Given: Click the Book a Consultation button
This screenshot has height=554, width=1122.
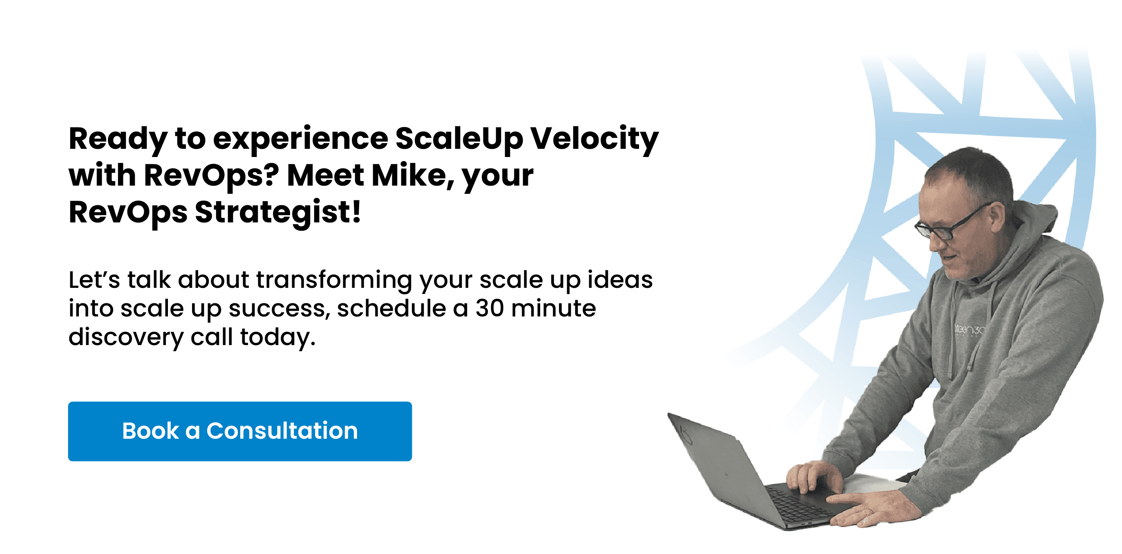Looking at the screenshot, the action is pos(240,431).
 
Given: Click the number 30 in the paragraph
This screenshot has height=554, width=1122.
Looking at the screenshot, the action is pos(489,308).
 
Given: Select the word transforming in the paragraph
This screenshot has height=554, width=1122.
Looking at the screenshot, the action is pos(334,280).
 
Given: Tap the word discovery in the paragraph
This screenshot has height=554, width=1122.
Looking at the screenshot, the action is pos(126,337).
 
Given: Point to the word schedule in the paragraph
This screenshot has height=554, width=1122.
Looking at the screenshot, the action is pos(391,308).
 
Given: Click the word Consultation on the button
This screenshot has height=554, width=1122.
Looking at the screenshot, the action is pos(282,431).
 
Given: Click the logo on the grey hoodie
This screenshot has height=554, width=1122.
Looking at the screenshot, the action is pos(968,330).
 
